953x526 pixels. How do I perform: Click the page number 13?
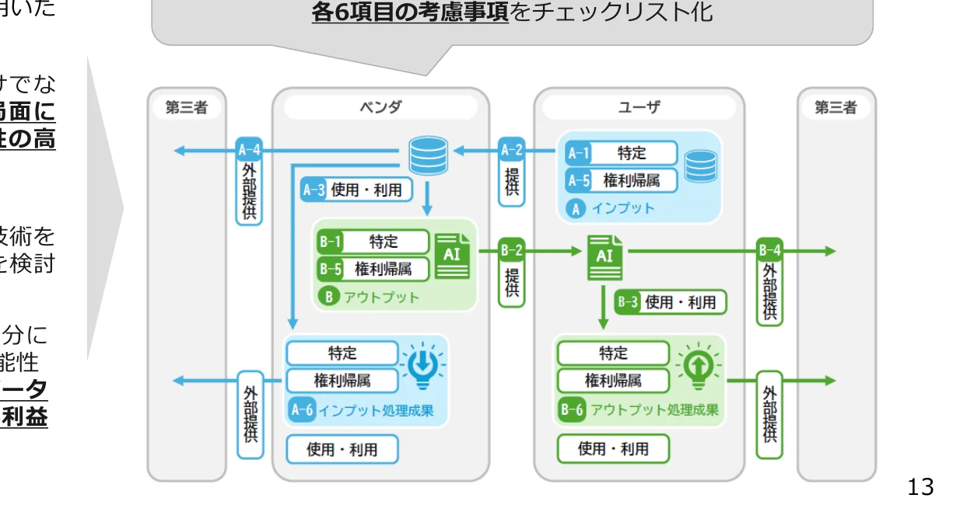point(920,487)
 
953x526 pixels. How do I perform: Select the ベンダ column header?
point(380,107)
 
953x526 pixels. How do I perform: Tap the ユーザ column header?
point(638,107)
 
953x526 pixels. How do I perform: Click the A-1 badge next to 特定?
point(578,153)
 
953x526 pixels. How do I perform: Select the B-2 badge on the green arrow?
point(511,250)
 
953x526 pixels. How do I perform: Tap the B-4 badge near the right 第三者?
point(769,250)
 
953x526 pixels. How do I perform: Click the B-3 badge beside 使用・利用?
point(628,302)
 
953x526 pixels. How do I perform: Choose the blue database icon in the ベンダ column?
point(429,156)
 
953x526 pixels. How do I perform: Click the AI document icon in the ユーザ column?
point(604,256)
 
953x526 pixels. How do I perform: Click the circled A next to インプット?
point(577,208)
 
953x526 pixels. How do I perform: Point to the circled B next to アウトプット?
point(329,297)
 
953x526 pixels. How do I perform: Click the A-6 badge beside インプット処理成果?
point(301,410)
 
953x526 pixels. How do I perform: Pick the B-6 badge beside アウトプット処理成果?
point(572,410)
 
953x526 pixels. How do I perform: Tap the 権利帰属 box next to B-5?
point(384,269)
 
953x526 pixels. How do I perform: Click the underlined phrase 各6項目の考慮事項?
point(410,12)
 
